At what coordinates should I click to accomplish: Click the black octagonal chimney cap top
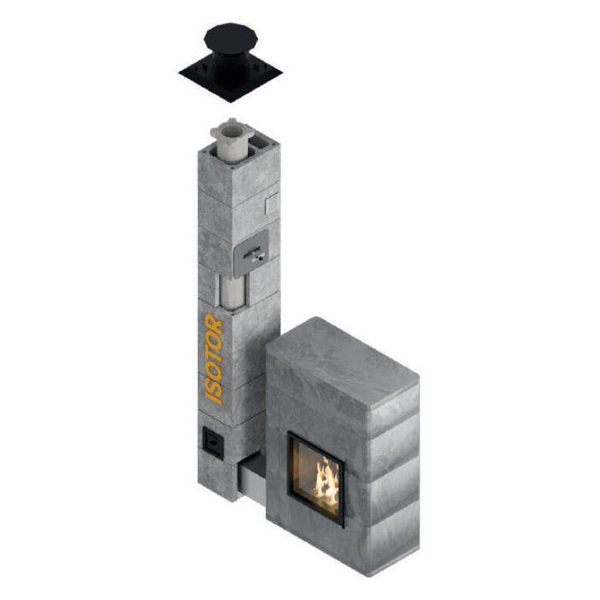tap(231, 39)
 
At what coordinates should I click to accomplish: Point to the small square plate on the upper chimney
tap(273, 204)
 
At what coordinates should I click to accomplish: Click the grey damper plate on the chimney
tap(251, 253)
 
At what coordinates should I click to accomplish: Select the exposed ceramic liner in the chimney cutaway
tap(233, 292)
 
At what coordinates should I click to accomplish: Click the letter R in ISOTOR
tap(214, 323)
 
